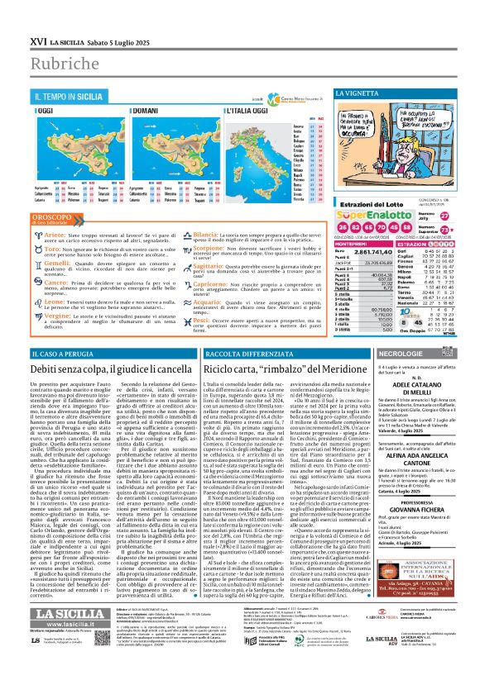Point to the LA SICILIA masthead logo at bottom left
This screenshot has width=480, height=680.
[61, 634]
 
